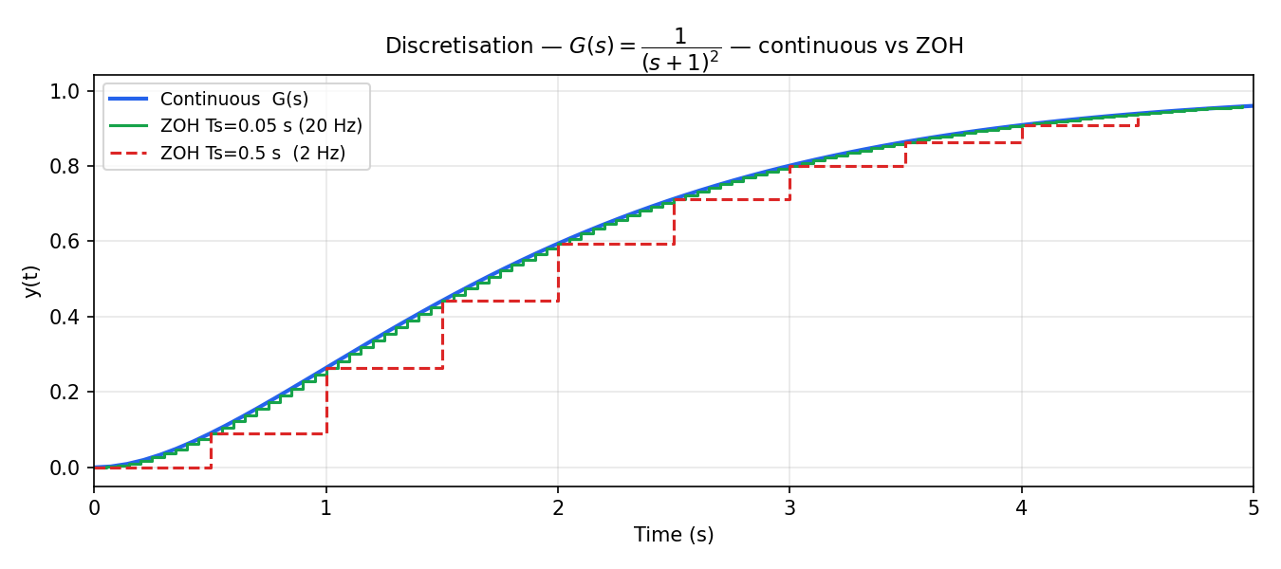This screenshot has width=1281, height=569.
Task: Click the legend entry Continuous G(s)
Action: click(234, 99)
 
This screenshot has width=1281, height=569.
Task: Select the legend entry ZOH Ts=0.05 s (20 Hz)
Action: click(261, 125)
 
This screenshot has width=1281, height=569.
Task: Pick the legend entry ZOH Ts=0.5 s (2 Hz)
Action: click(252, 152)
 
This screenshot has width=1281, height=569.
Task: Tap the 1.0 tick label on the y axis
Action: click(65, 91)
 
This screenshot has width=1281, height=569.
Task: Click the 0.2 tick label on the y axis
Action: click(65, 392)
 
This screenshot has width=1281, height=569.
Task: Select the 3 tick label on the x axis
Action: click(789, 508)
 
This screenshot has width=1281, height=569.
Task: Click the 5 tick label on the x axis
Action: click(1253, 508)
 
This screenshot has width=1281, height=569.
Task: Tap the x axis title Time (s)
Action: click(674, 535)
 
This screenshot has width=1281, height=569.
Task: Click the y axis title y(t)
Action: click(32, 280)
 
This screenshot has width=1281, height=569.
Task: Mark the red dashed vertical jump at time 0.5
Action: click(211, 450)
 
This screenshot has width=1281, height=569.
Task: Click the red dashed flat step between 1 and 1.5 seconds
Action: click(384, 368)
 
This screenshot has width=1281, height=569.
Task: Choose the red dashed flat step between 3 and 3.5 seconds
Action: click(847, 166)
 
